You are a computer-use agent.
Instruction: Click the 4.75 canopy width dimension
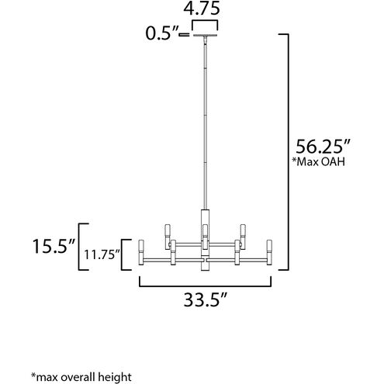coord(202,9)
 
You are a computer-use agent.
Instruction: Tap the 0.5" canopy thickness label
coord(162,33)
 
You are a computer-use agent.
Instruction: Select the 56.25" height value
coord(323,147)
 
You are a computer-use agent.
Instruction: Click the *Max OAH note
coord(318,161)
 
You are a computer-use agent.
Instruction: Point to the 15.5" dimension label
coord(54,246)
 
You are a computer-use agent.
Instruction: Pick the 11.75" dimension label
coord(102,255)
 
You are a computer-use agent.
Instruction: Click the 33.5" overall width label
coord(206,299)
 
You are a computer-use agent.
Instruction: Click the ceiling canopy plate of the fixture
coord(205,35)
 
